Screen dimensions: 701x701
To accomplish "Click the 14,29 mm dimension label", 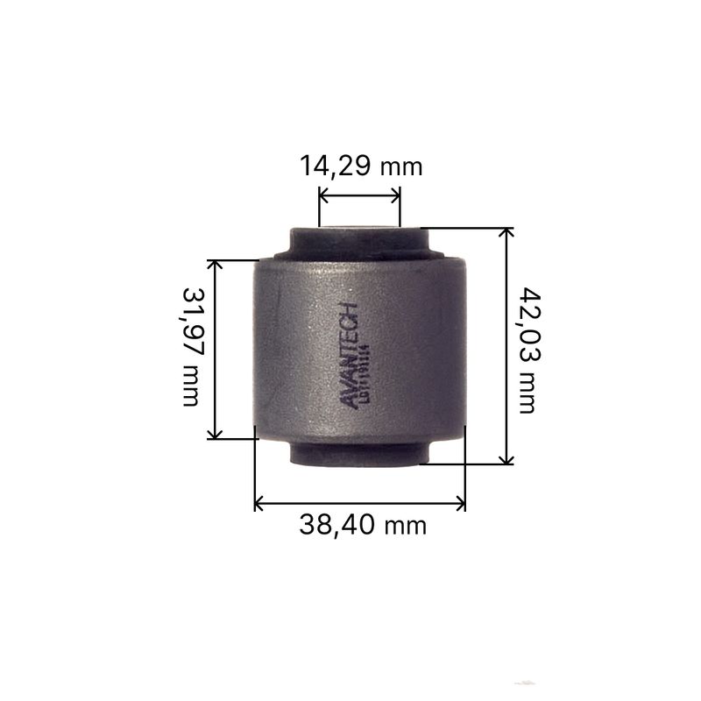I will pyautogui.click(x=360, y=165).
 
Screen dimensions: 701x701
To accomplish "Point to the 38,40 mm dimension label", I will pyautogui.click(x=362, y=525).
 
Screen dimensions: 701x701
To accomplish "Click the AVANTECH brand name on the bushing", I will pyautogui.click(x=348, y=355).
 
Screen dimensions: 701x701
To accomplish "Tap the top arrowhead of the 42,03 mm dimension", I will pyautogui.click(x=506, y=234).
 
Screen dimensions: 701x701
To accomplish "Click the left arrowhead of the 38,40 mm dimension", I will pyautogui.click(x=259, y=503).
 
